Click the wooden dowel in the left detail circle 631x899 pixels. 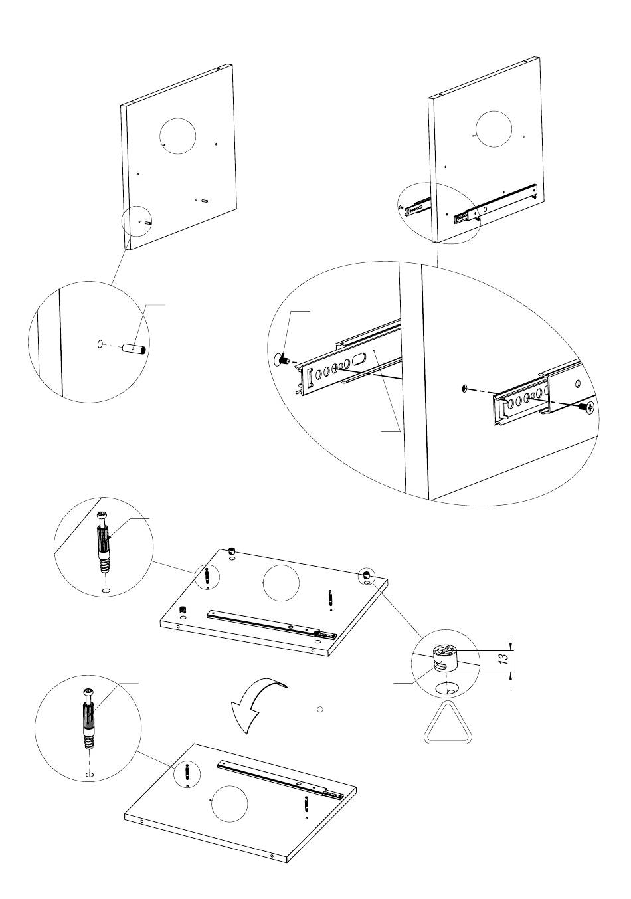(134, 348)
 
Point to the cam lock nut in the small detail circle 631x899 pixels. (445, 657)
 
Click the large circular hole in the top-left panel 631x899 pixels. (177, 136)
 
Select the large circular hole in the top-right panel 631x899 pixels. (494, 129)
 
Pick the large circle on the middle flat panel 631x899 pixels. (281, 583)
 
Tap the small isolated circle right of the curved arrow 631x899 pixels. (319, 709)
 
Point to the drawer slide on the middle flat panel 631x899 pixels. (272, 623)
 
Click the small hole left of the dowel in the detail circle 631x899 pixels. (100, 344)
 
